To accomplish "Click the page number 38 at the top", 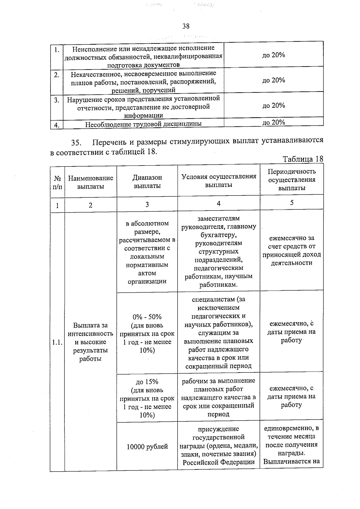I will coord(186,26).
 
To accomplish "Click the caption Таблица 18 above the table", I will coord(303,159).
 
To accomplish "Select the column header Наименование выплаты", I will coord(91,182).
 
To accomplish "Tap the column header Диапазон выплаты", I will coord(147,181).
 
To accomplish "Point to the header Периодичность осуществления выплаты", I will coord(292,180).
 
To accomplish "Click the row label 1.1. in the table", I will coord(57,342).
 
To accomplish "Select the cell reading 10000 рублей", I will coord(147,447).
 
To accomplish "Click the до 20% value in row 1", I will coord(273,55).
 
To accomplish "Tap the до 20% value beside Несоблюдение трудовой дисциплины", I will coord(273,122).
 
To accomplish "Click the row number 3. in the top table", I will coord(56,100).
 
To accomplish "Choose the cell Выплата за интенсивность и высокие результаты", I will coord(90,342).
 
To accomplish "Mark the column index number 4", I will coord(219,203).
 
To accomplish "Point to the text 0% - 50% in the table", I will coord(147,317).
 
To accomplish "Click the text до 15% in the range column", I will coord(147,382).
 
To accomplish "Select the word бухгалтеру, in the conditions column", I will coord(219,235).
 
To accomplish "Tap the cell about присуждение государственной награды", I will coord(219,445).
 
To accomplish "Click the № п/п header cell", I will coord(57,182).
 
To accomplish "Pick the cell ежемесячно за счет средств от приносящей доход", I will coord(292,250).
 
